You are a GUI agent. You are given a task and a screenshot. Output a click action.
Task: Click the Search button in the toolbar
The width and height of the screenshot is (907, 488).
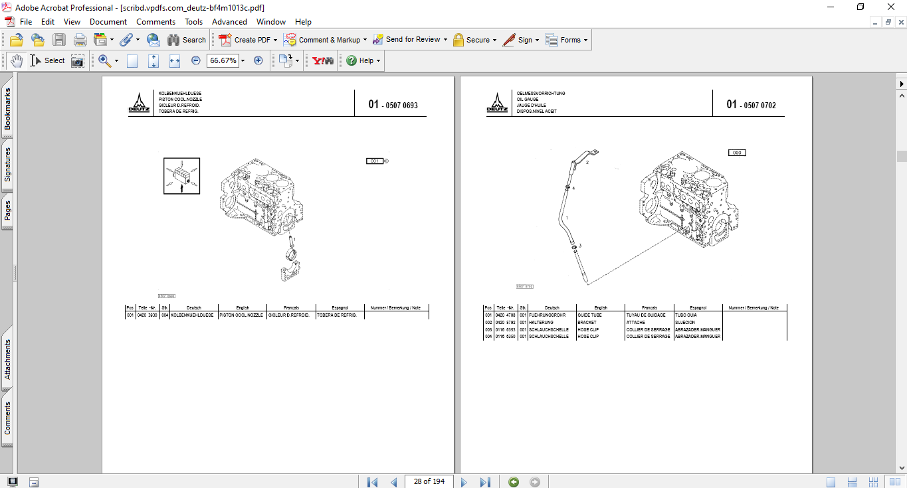(x=187, y=40)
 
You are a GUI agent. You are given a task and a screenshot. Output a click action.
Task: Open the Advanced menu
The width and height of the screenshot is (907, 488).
(x=229, y=22)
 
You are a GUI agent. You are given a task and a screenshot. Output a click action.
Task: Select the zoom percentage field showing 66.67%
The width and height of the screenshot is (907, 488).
(x=223, y=60)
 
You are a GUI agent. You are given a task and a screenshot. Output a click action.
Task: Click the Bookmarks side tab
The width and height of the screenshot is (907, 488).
(x=7, y=110)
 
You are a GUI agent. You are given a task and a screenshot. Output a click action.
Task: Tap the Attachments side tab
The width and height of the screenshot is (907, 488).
(x=7, y=359)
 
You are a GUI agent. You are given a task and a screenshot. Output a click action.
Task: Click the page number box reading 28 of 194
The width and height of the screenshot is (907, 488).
(x=429, y=481)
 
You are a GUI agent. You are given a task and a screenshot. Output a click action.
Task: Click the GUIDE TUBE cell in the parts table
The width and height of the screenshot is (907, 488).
(x=589, y=315)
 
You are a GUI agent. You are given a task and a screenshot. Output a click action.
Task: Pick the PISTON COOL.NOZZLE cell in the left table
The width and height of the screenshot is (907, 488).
(x=241, y=315)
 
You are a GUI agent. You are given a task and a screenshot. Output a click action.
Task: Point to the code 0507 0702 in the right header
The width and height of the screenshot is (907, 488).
(x=759, y=105)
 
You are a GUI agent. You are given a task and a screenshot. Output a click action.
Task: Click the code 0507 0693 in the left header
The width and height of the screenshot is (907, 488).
(x=401, y=105)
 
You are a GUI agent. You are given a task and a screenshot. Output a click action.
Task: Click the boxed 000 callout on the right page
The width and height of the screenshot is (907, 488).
(x=736, y=153)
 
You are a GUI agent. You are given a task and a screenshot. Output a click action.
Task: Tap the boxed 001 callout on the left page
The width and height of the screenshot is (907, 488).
(x=375, y=161)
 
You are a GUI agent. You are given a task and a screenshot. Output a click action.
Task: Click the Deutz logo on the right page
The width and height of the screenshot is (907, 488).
(x=496, y=104)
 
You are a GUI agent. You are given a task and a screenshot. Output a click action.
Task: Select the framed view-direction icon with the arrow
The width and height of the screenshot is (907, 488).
(x=181, y=176)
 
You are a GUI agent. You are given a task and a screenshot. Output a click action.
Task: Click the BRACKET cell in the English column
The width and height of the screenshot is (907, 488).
(x=587, y=323)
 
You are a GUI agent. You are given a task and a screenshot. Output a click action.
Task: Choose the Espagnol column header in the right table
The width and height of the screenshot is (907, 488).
(x=698, y=308)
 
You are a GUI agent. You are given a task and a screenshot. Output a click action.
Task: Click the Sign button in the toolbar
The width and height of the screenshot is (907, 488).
(x=520, y=40)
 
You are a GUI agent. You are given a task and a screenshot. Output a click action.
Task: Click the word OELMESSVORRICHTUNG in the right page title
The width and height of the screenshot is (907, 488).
(x=541, y=94)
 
